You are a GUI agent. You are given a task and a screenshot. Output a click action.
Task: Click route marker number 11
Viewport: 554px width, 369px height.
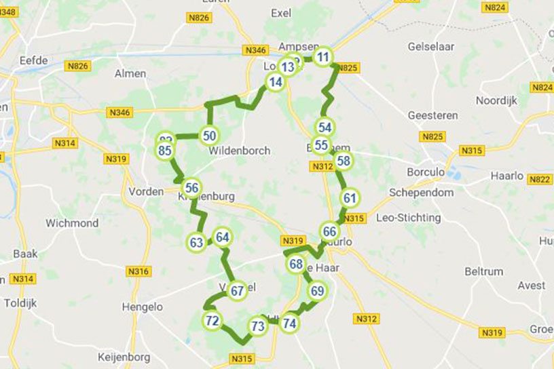pos(324,56)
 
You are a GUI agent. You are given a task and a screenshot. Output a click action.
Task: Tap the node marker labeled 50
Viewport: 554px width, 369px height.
pos(209,135)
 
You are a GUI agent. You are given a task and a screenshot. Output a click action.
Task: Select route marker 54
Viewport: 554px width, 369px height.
pos(325,127)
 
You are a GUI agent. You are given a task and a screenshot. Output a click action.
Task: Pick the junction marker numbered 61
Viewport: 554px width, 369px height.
pos(350,198)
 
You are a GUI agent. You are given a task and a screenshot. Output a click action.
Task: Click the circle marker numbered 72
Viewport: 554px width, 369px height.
pos(213,320)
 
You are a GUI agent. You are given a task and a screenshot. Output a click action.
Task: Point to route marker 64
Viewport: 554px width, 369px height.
pos(223,237)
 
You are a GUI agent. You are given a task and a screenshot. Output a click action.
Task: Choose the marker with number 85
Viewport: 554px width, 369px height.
pos(164,151)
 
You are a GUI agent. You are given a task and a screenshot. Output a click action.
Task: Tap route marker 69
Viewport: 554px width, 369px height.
pos(317,291)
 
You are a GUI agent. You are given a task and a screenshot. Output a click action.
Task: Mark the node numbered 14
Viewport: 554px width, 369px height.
pos(274,83)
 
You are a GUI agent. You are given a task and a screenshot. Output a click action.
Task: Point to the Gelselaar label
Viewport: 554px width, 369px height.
pos(430,47)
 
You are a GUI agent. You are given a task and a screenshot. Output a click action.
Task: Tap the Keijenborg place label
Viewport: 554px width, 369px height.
pos(124,356)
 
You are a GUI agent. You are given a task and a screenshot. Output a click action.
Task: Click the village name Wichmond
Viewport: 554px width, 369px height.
pos(72,223)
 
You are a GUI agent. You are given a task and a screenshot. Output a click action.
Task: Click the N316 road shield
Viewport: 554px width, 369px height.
pos(138,271)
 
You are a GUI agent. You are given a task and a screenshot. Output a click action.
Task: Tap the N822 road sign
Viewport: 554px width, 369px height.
pos(540,179)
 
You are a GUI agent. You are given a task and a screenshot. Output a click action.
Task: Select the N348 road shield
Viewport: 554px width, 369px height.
pos(8,12)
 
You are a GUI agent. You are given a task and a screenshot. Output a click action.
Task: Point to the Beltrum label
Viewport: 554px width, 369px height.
pos(484,271)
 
